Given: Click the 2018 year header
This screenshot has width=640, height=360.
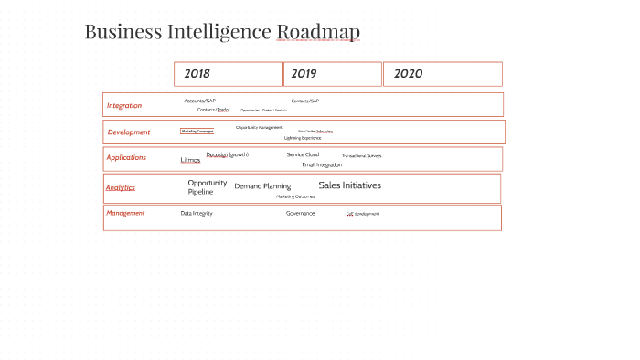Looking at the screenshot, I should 197,73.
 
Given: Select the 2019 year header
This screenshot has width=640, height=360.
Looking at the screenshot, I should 304,73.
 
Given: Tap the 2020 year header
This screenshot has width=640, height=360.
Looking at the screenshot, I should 408,73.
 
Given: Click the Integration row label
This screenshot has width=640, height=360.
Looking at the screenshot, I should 124,105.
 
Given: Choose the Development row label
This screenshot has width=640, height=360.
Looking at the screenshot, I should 129,132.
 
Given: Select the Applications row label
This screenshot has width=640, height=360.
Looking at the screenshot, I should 126,157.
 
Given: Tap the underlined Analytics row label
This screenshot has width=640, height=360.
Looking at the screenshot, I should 121,187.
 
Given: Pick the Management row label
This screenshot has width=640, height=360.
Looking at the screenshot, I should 125,213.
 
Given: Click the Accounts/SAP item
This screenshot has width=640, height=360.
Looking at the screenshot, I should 199,101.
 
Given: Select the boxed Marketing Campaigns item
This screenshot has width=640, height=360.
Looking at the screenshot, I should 197,132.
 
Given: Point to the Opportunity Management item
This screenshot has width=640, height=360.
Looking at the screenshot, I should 259,128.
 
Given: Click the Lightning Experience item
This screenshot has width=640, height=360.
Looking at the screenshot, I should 303,138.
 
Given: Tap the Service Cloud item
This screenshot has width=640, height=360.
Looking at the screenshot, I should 303,154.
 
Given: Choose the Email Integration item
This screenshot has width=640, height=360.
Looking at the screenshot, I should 322,164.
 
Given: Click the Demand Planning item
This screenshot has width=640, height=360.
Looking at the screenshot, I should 262,186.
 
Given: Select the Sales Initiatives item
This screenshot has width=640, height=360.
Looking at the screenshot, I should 350,185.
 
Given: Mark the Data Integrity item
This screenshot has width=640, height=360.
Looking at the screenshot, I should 197,213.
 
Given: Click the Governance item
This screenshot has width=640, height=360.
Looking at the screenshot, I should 300,213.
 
